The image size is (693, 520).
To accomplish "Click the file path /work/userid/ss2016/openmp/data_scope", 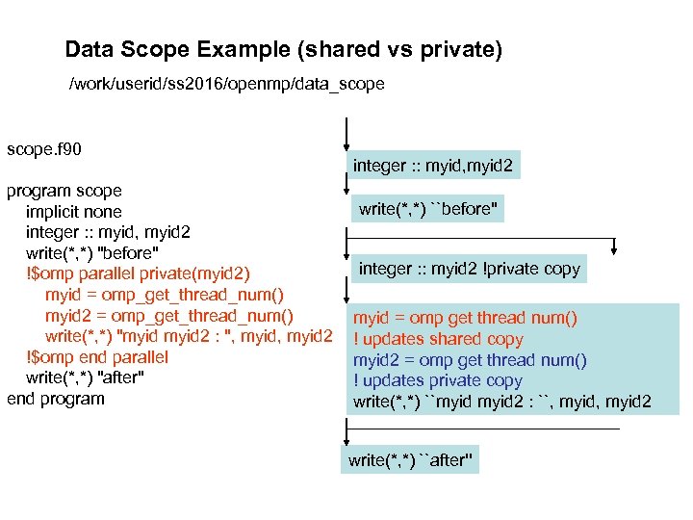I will [x=226, y=84].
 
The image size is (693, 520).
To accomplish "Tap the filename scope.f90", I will [x=44, y=149].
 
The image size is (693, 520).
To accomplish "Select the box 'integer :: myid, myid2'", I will [x=433, y=166].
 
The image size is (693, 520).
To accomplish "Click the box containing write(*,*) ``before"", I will [x=429, y=209].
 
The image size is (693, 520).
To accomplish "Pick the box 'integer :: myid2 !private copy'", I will [x=470, y=269].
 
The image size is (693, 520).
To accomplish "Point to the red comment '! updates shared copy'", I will [x=438, y=339].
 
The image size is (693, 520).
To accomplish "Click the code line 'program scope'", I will [x=64, y=191].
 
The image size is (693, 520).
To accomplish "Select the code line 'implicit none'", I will [x=74, y=212].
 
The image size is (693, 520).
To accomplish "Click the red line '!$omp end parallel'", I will [x=97, y=357].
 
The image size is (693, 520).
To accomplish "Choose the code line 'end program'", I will [x=56, y=399].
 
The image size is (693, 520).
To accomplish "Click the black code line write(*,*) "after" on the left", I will [x=86, y=377].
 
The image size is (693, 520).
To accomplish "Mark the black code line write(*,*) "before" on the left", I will [x=92, y=253].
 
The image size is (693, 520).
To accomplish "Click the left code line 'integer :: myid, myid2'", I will [x=108, y=232].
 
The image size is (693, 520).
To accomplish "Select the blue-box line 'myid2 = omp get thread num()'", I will [x=469, y=360].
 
